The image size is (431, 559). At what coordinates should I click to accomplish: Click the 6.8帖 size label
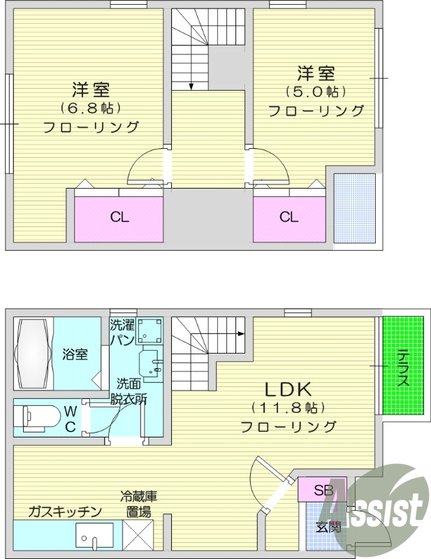point(92,108)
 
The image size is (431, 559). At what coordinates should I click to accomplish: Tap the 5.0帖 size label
point(316,92)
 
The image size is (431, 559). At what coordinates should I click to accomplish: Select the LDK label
point(287,389)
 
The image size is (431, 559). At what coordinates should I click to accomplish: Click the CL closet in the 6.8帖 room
point(119,217)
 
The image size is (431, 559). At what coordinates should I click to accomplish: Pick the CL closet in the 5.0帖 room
point(289,217)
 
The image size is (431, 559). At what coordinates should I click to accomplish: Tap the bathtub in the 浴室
point(34,354)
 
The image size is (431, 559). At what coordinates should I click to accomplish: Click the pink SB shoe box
point(323,489)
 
